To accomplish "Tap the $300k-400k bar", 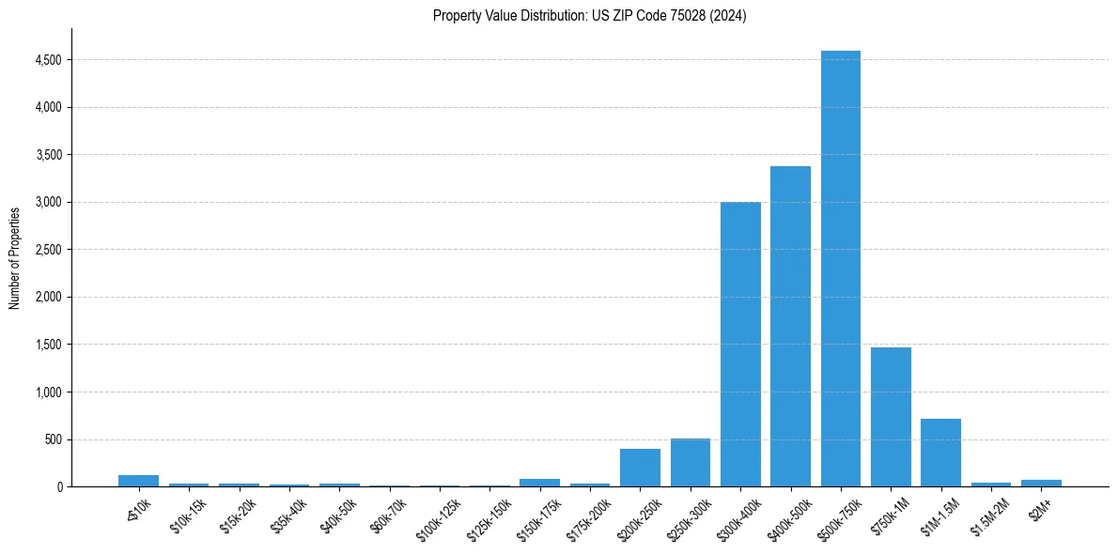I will pos(740,346).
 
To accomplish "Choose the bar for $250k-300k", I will pos(690,463).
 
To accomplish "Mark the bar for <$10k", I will pos(138,481).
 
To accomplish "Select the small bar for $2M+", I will pos(1041,483).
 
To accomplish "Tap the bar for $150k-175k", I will pos(539,483).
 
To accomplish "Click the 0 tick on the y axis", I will pos(59,487).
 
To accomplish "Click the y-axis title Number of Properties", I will pos(15,257).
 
